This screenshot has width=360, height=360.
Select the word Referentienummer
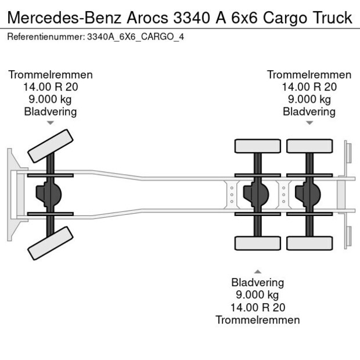[45, 37]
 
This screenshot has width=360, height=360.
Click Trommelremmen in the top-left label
[51, 75]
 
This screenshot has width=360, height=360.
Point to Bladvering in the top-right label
[309, 111]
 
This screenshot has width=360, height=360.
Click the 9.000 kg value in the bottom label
[257, 295]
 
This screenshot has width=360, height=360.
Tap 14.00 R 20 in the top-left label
[51, 87]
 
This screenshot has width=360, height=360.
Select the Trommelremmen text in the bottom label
[257, 320]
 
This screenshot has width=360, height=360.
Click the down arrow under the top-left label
[51, 123]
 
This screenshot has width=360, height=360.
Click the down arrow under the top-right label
[309, 123]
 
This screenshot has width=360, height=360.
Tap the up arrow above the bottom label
[257, 271]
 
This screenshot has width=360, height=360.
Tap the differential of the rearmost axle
[308, 194]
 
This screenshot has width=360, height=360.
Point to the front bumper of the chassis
[11, 195]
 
